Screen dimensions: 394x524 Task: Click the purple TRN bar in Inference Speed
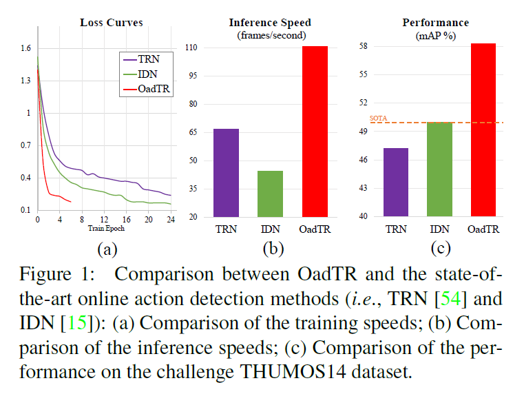coord(227,173)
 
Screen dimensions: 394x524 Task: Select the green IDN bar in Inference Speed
coord(270,194)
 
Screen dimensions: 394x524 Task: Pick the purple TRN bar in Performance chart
coord(395,183)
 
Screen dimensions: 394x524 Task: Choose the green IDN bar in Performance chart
coord(439,169)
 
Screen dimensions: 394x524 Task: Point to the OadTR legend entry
coord(151,88)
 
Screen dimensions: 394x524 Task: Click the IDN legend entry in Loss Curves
coord(147,73)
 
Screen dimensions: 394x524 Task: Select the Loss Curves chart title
coord(111,22)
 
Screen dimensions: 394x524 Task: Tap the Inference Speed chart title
coord(268,22)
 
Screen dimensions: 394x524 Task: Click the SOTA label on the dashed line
coord(379,118)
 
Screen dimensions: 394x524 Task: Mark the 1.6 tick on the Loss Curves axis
coord(25,48)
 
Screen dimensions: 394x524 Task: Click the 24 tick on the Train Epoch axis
coord(169,220)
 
